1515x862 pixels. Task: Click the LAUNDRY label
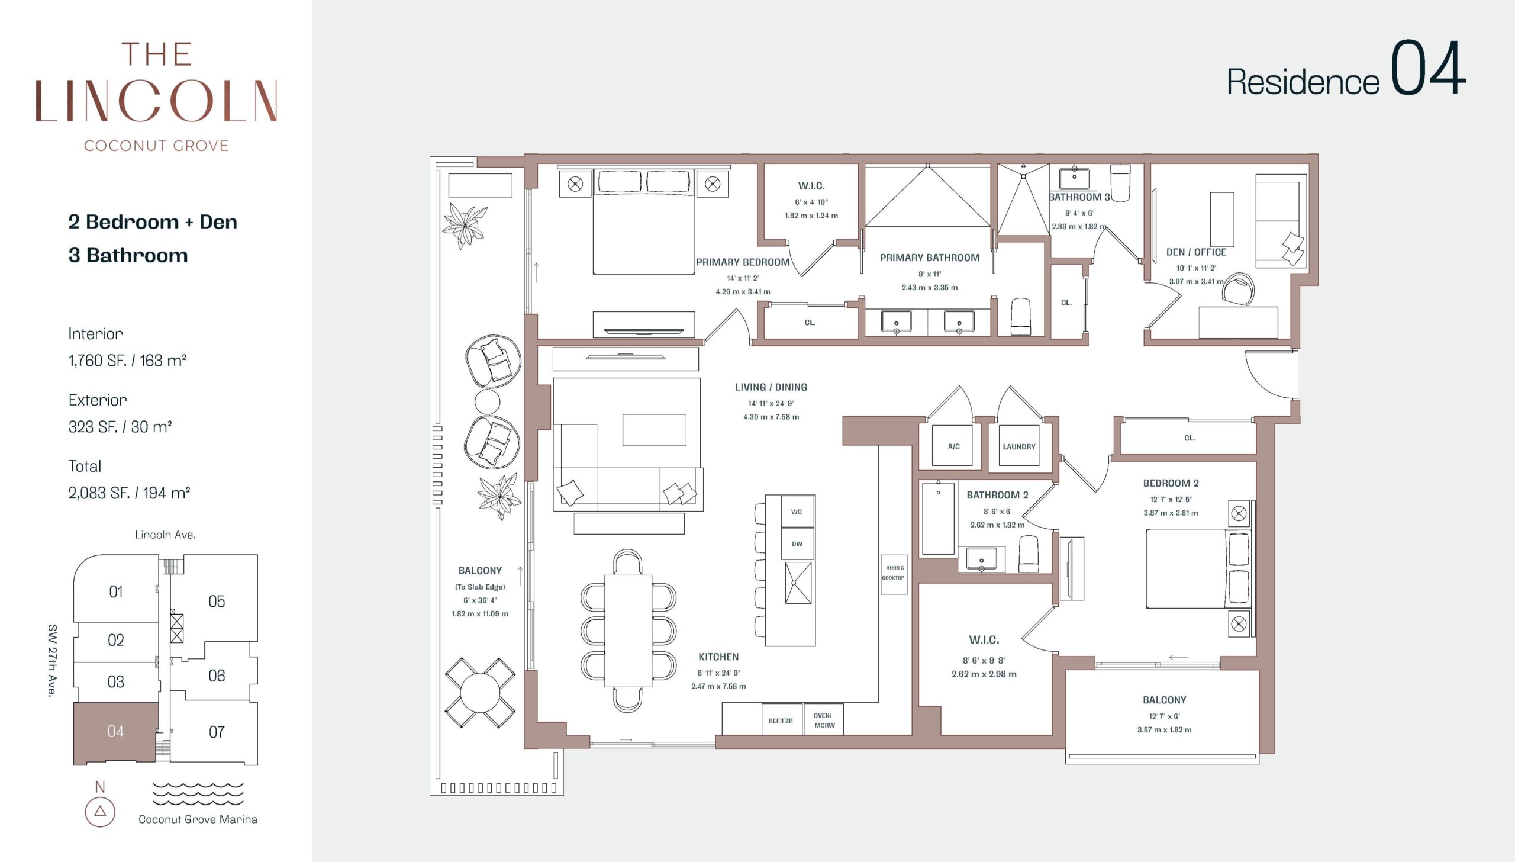[x=1018, y=447]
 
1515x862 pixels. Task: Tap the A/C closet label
[x=953, y=447]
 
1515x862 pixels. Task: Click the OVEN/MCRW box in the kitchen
[x=824, y=719]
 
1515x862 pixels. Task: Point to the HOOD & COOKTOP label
[x=894, y=572]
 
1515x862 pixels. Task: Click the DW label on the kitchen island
[x=797, y=544]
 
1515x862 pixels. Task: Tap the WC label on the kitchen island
[x=797, y=512]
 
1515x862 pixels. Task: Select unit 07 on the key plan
[x=216, y=732]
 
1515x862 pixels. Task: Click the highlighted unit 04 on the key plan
[x=116, y=732]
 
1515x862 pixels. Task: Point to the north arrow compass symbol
[x=100, y=811]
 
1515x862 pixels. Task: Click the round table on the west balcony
[x=480, y=693]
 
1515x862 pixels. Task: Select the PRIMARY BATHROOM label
[x=929, y=258]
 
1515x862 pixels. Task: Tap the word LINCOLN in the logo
[x=156, y=101]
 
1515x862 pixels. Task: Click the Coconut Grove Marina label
[x=198, y=819]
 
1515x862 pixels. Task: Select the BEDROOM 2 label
[x=1171, y=483]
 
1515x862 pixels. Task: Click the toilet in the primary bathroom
[x=1021, y=317]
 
